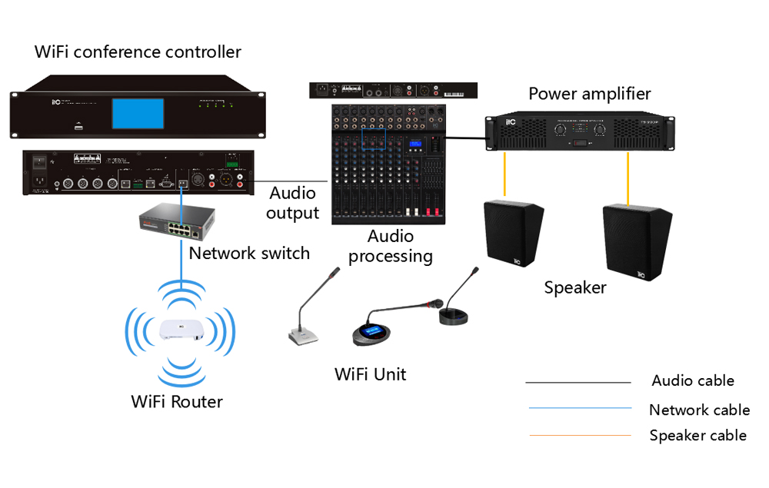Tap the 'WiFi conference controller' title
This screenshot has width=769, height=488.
138,52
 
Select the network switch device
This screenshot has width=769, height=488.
174,222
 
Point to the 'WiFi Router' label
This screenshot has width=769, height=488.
177,401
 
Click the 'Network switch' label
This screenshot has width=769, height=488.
249,253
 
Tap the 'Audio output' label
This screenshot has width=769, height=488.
293,203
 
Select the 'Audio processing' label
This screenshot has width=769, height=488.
391,246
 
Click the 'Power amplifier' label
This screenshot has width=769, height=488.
590,94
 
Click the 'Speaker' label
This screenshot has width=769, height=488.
575,288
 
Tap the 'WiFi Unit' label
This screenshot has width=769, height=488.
370,374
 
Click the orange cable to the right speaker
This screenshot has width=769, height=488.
628,177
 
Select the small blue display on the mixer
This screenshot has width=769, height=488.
416,144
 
